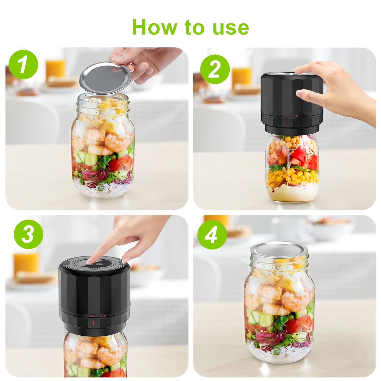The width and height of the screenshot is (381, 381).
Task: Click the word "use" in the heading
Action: click(231, 27)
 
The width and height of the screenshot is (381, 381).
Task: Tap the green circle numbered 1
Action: click(23, 65)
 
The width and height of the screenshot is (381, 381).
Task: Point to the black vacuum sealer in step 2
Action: click(291, 103)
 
